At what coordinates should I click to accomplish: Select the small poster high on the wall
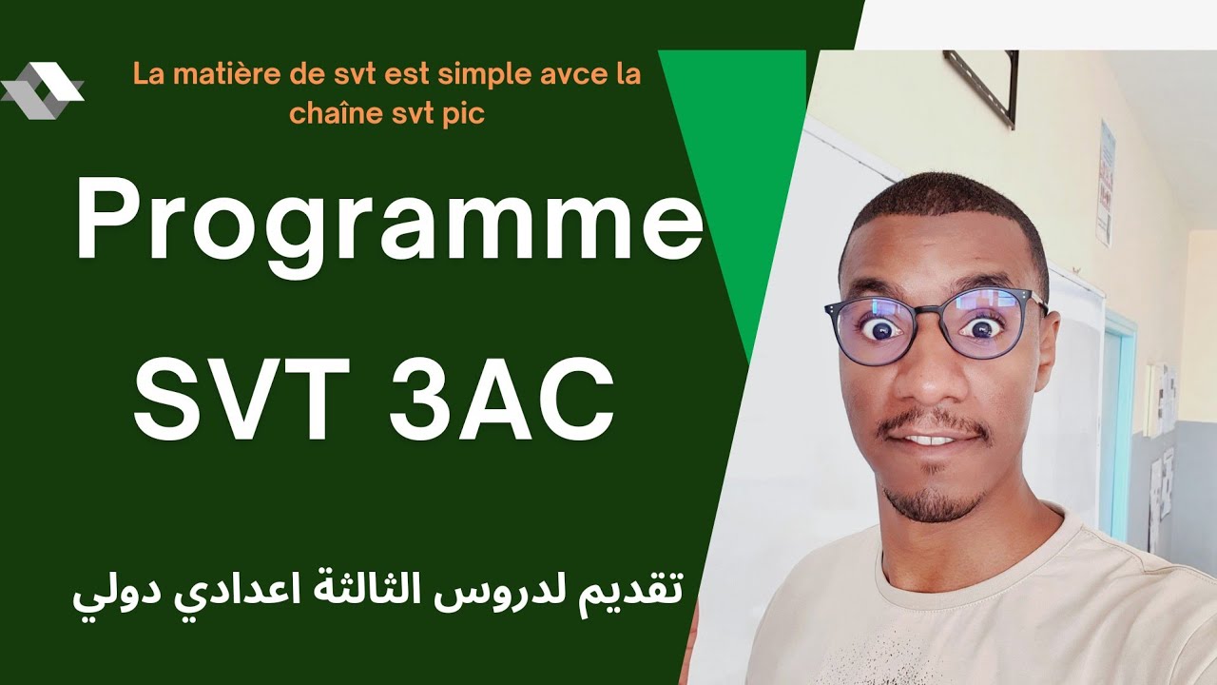pyautogui.click(x=1105, y=181)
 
